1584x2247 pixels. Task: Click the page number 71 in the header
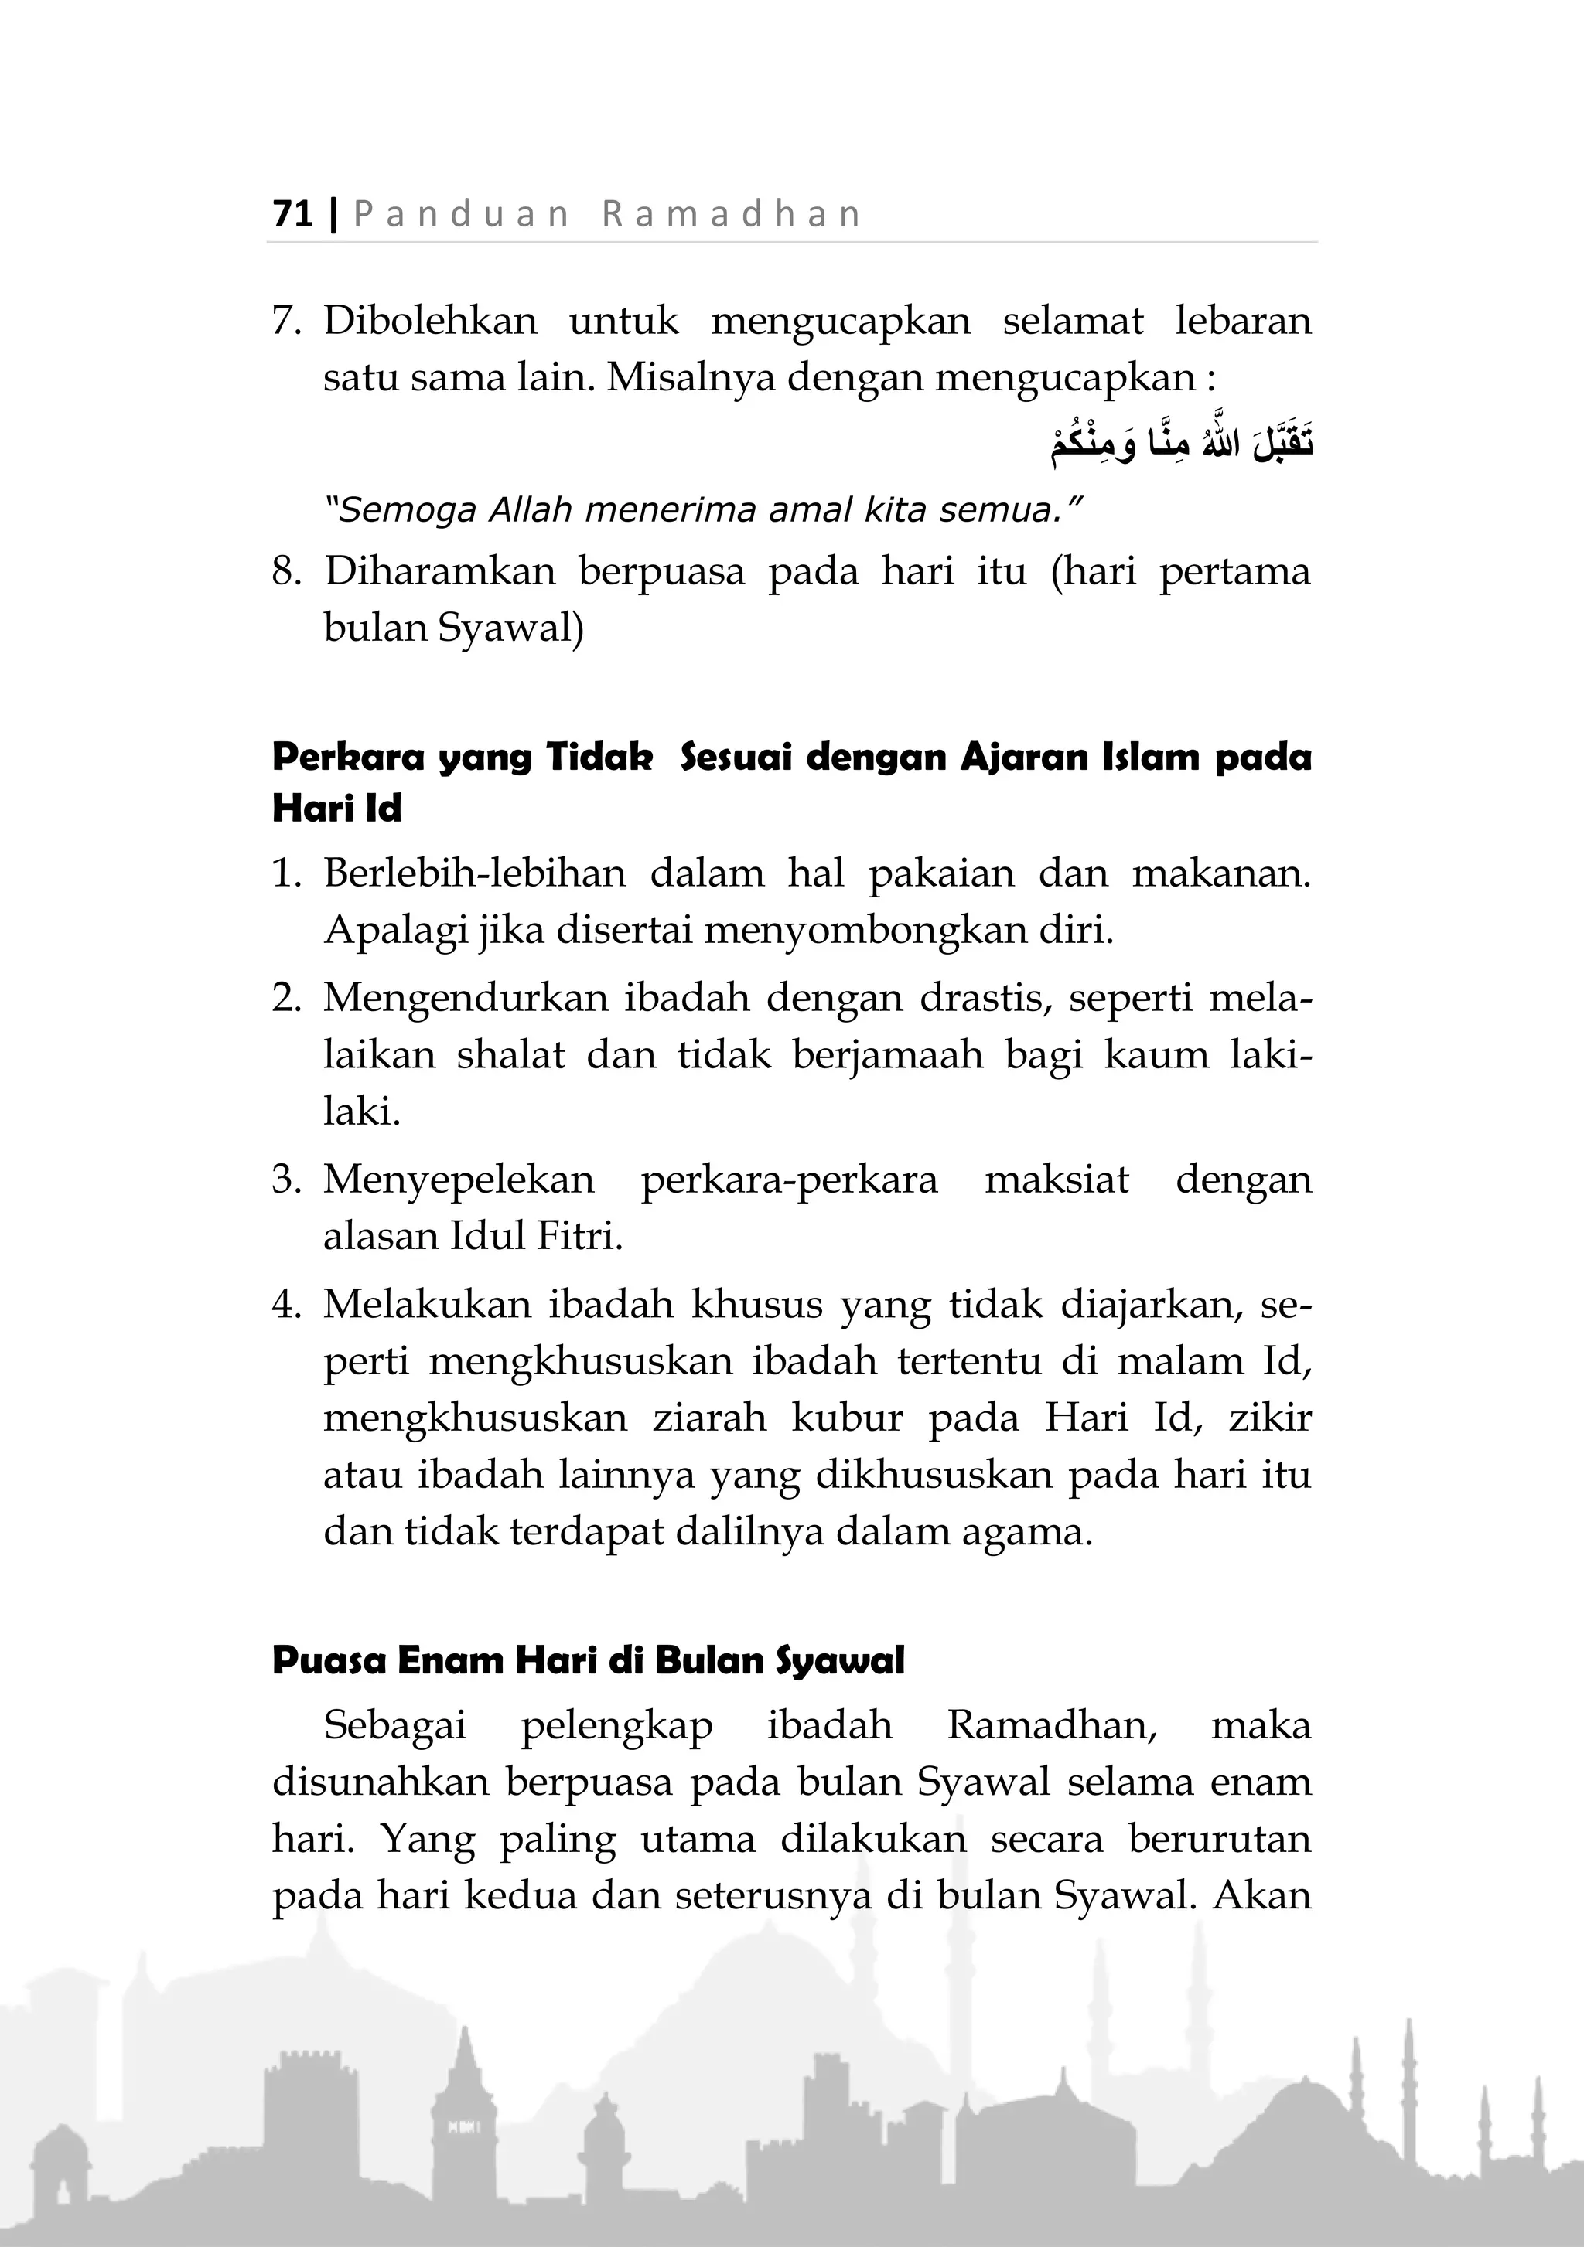tap(292, 213)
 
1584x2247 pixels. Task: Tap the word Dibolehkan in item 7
tap(430, 321)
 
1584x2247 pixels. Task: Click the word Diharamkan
tap(439, 571)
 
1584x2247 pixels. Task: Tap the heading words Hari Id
tap(336, 809)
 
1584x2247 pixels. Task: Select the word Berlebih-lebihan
tap(474, 873)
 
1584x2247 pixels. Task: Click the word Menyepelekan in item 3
tap(458, 1180)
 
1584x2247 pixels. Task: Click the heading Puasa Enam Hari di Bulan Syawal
tap(587, 1661)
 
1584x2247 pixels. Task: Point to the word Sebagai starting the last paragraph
tap(394, 1725)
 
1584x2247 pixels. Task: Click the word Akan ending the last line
tap(1262, 1895)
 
